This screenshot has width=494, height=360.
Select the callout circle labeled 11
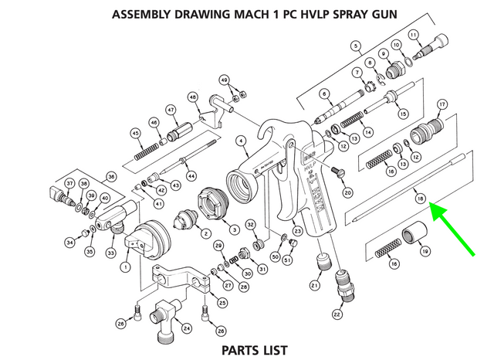(413, 35)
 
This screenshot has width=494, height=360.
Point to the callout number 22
(337, 314)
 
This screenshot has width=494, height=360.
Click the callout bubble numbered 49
(225, 80)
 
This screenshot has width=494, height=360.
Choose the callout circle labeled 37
(69, 183)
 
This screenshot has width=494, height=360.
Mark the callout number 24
(186, 328)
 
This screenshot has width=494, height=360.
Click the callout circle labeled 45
(137, 133)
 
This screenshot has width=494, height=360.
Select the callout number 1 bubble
(123, 267)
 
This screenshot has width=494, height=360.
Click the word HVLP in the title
(319, 14)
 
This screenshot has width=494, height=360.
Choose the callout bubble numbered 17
(442, 104)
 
